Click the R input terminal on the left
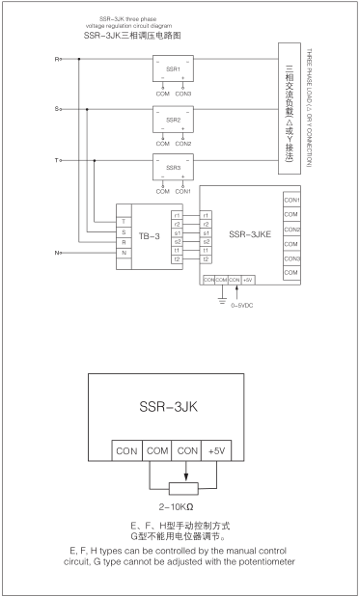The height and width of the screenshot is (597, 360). (59, 60)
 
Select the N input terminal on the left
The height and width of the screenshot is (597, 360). (59, 254)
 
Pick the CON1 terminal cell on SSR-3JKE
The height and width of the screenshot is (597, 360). (291, 199)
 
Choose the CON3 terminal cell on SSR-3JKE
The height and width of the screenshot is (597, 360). (291, 259)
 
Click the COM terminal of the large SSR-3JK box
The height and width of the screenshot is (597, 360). (159, 451)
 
